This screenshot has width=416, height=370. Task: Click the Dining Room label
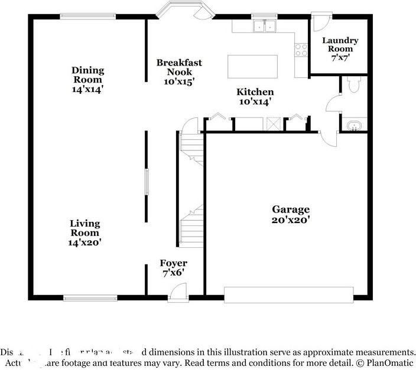(x=87, y=75)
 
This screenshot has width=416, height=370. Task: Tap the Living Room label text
(x=85, y=228)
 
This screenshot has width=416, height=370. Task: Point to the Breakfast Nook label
(x=179, y=67)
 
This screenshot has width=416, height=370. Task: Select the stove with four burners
(x=301, y=50)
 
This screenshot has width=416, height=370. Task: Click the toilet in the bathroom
(x=354, y=86)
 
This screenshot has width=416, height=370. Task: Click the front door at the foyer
(x=177, y=290)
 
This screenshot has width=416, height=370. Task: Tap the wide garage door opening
(x=289, y=294)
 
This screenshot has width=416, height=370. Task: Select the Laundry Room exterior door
(x=319, y=22)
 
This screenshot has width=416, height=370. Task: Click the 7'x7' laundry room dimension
(x=340, y=57)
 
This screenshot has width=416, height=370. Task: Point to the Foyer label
(x=174, y=263)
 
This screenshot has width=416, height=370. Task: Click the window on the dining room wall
(x=88, y=17)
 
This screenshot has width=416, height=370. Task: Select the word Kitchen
(x=255, y=92)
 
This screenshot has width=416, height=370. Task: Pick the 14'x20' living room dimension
(x=85, y=242)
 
